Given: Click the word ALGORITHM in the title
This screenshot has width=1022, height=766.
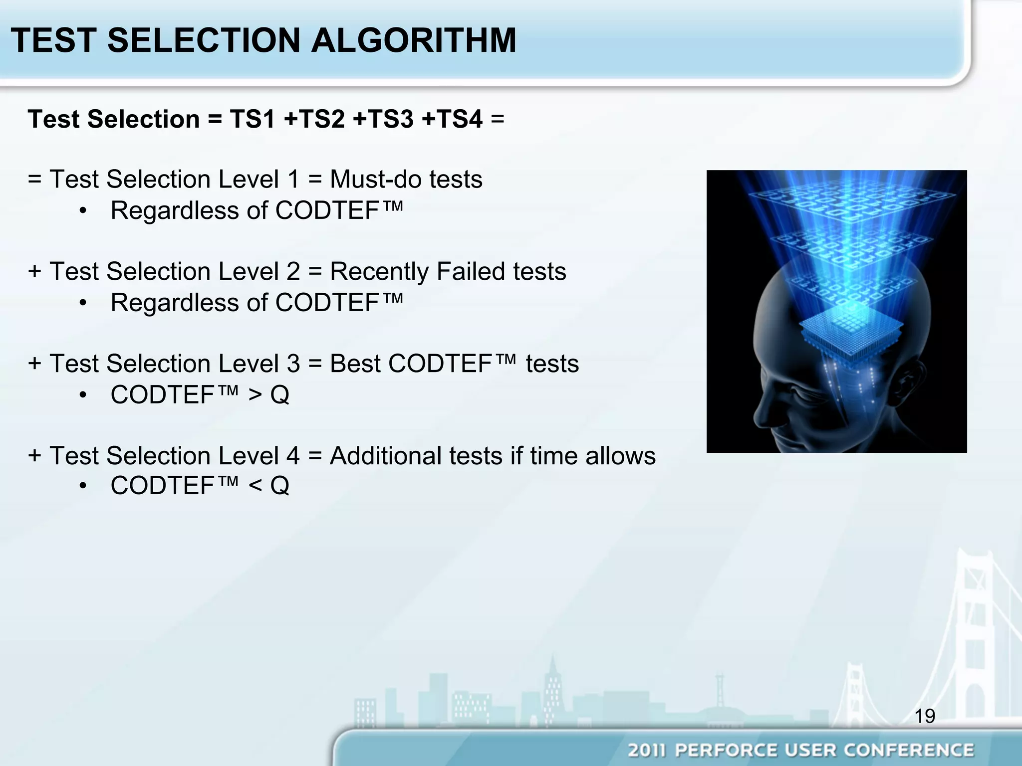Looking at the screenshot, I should click(414, 40).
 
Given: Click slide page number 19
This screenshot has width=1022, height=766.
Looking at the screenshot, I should click(925, 716).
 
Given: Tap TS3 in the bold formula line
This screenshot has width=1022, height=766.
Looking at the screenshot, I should click(383, 119).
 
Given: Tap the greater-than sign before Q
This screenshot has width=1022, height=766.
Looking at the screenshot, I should click(255, 395).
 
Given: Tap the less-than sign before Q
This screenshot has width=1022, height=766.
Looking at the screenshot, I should click(255, 486).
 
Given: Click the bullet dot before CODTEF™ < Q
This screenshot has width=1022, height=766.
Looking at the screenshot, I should click(83, 486).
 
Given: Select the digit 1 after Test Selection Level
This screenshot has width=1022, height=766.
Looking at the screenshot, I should click(293, 180).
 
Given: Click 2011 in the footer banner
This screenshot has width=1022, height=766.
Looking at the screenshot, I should click(647, 750).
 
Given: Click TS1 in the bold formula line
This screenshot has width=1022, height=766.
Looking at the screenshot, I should click(253, 119).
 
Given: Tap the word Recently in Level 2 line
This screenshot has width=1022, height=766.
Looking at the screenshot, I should click(379, 272).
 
